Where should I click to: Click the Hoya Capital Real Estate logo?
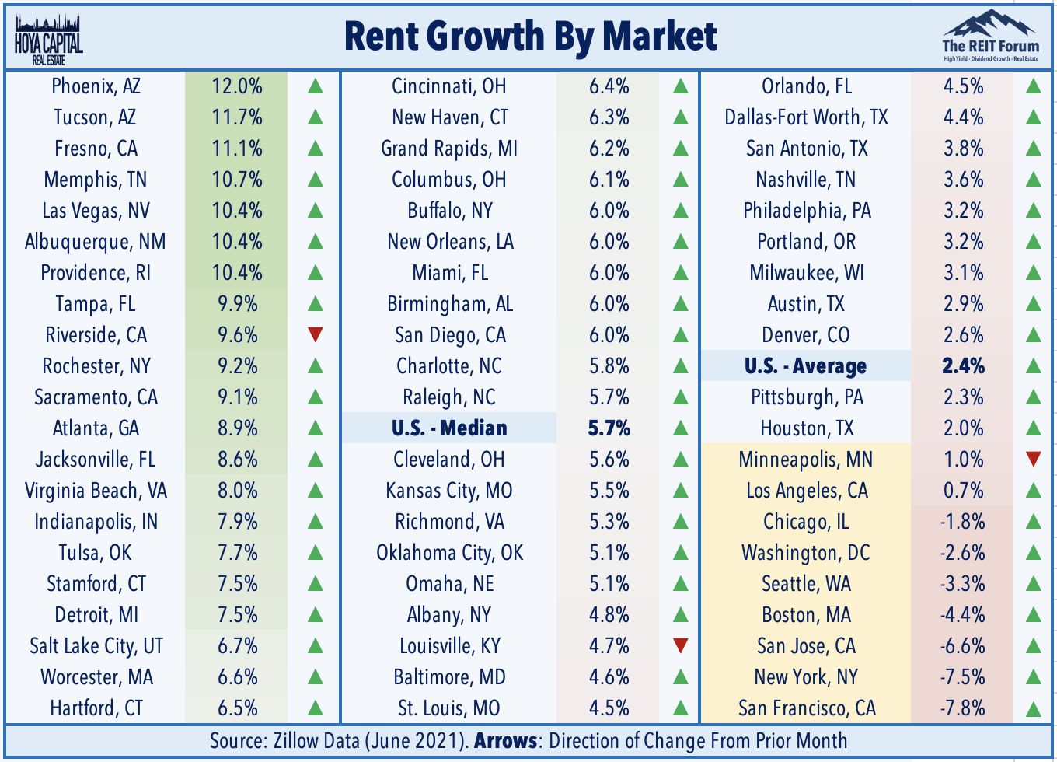[49, 40]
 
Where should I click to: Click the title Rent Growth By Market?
[530, 37]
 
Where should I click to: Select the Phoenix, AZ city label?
[96, 86]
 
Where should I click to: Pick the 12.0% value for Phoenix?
[237, 86]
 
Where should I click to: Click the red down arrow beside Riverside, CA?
[316, 334]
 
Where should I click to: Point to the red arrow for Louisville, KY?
[681, 645]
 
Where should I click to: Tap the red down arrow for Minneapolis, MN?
[1034, 459]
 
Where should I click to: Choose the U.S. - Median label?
[449, 428]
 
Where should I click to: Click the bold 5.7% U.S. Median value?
[609, 428]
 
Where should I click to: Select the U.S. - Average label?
[805, 366]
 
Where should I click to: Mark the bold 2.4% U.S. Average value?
[963, 366]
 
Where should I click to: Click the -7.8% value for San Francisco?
[963, 708]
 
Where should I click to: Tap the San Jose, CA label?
[806, 646]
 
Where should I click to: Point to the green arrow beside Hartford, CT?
[316, 708]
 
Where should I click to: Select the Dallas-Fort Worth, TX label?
[806, 117]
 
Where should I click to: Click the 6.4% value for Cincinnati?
[609, 86]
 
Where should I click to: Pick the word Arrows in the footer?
[505, 741]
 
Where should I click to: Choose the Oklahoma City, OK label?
[450, 553]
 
